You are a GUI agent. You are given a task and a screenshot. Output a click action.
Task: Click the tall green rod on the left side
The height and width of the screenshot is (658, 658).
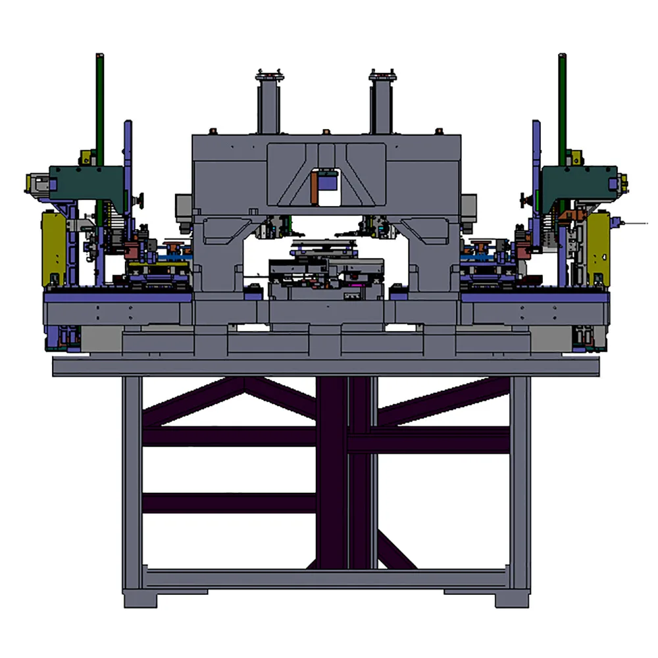tap(99, 105)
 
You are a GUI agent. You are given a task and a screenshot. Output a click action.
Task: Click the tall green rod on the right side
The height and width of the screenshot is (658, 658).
tap(563, 105)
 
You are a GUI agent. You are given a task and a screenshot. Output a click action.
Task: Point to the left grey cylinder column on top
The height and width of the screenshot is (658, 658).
tap(268, 105)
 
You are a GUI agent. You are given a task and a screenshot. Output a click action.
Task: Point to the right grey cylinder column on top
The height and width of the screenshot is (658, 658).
tap(382, 105)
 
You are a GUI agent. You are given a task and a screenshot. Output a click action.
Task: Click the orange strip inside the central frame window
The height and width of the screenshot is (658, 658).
tap(316, 188)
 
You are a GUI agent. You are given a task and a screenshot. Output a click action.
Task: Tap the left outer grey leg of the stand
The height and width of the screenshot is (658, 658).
tap(132, 480)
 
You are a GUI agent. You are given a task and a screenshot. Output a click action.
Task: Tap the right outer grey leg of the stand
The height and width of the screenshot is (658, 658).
tap(520, 480)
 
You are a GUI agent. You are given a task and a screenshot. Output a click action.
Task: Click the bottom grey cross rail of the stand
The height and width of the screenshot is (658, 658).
tap(326, 579)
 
